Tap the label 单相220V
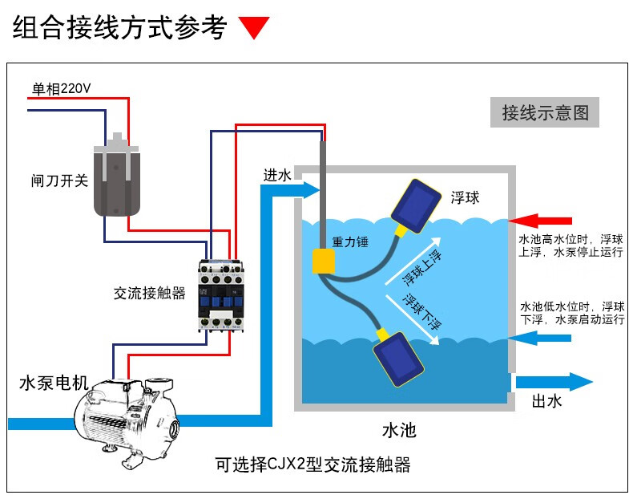click(x=62, y=87)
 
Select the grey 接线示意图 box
click(x=544, y=112)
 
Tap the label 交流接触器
click(x=149, y=294)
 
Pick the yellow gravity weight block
click(x=325, y=261)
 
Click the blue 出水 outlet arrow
click(x=553, y=382)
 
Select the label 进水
click(x=277, y=175)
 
